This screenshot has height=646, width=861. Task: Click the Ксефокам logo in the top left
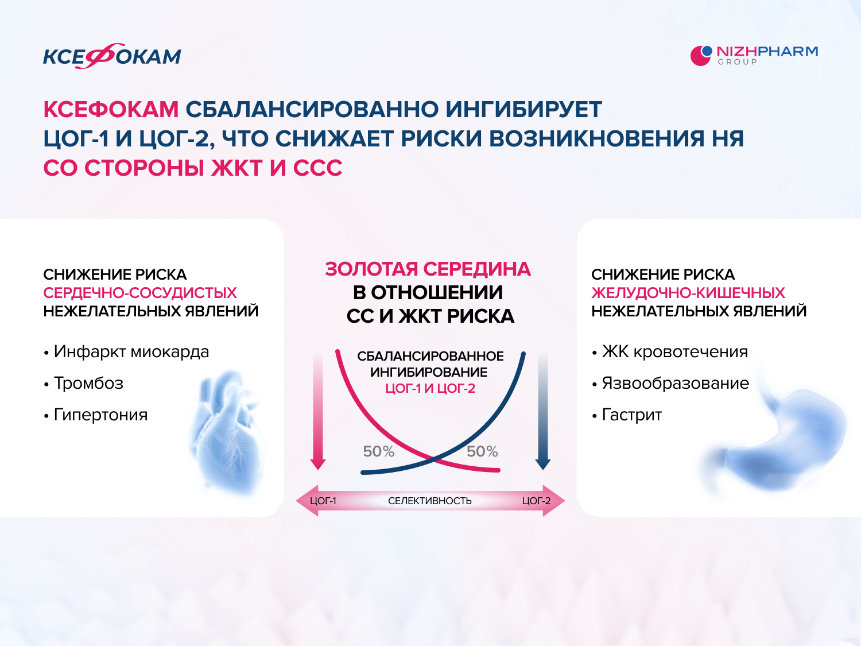tap(112, 56)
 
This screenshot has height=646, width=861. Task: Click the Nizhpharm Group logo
tap(754, 56)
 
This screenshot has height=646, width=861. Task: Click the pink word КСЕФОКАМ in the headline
tap(111, 109)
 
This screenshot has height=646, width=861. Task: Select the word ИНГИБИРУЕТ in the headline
tap(523, 109)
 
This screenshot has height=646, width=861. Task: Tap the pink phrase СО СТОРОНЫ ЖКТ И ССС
tap(193, 168)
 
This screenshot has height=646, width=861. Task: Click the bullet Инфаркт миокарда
tap(127, 351)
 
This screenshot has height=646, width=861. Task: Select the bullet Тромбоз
tap(84, 383)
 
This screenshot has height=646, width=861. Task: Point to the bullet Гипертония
tap(96, 415)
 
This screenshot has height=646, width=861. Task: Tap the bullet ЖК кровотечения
tap(670, 351)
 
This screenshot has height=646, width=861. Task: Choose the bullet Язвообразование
tap(670, 383)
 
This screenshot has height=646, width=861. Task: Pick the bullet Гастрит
tap(627, 415)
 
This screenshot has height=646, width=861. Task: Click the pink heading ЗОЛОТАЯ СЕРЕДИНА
tap(428, 269)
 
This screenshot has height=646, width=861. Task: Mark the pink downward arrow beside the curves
tap(318, 412)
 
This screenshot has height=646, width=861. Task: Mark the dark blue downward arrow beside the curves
tap(543, 412)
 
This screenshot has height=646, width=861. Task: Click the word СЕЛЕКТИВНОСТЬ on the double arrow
tap(430, 501)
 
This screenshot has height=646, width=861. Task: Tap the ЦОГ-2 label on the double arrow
tap(536, 501)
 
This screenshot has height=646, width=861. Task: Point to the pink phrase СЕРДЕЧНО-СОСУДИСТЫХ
tap(140, 293)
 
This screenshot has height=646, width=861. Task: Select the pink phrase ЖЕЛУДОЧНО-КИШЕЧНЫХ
tap(688, 293)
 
